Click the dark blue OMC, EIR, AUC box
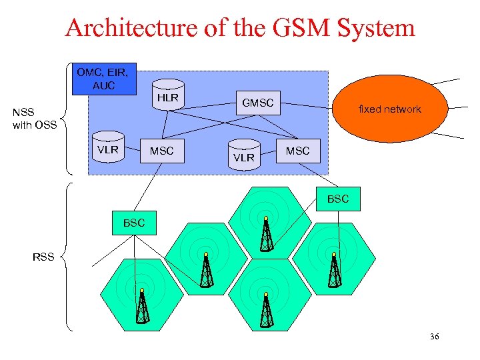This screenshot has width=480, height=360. coord(103,79)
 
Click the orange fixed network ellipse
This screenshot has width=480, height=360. coord(389,109)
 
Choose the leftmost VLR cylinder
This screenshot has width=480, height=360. coord(107,150)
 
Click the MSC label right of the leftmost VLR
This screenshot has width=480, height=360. coord(161,151)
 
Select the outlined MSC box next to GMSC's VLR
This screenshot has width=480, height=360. coord(297,151)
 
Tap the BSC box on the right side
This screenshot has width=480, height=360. coord(337,199)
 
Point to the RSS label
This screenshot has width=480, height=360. coord(43,256)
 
